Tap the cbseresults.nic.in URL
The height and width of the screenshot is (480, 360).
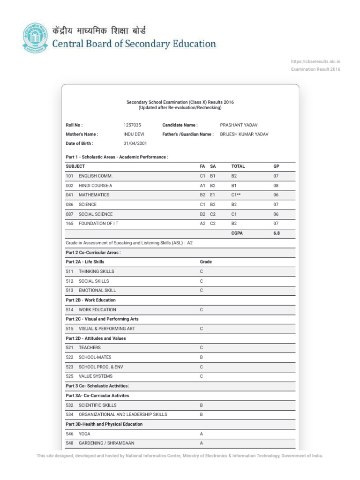[315, 61]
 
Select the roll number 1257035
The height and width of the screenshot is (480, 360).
[132, 125]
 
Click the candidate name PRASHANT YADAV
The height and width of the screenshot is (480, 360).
[239, 125]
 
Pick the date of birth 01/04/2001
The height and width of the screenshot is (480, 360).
[135, 143]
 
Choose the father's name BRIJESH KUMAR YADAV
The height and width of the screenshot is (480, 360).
[244, 134]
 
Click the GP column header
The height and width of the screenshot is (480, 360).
[276, 166]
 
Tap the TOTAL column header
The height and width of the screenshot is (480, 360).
[238, 166]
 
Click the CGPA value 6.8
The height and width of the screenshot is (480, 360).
[277, 233]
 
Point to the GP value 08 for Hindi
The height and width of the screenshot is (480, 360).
[276, 186]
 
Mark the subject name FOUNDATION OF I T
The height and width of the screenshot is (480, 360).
[98, 224]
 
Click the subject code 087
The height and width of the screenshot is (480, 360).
[70, 214]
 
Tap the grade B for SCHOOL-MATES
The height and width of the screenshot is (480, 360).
[202, 357]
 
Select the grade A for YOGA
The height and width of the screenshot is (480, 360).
[202, 434]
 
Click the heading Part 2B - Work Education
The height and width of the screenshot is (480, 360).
[91, 300]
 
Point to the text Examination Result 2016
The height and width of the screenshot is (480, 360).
[316, 69]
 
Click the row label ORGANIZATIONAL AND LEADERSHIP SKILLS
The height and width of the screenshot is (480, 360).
[123, 414]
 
